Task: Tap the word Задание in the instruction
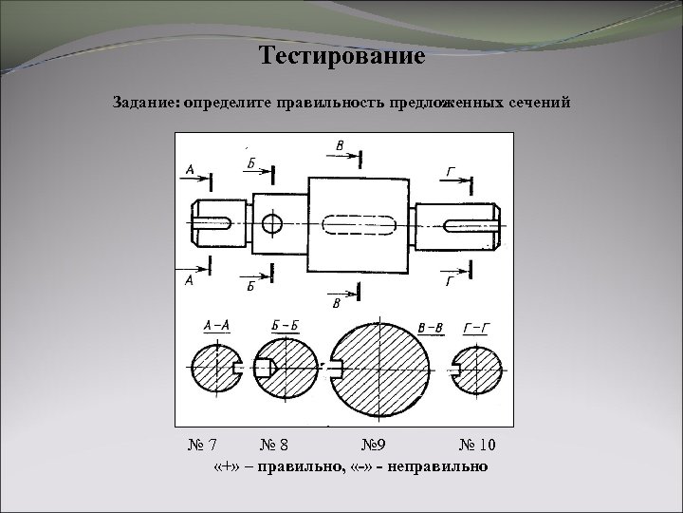click(x=148, y=101)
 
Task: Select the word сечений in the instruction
click(x=539, y=101)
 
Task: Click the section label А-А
click(x=216, y=325)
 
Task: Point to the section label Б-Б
click(x=284, y=325)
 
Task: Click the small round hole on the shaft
click(x=272, y=224)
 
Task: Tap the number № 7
click(x=202, y=445)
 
